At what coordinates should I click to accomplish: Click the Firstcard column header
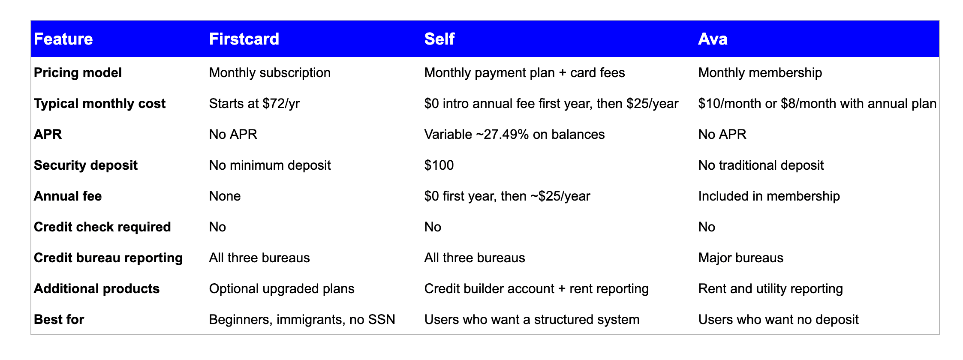click(x=244, y=39)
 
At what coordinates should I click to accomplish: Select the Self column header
click(x=439, y=39)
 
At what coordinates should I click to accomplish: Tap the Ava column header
click(x=713, y=39)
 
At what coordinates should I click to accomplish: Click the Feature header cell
click(x=63, y=39)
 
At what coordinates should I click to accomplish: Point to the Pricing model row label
click(x=78, y=73)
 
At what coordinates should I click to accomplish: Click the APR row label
click(x=48, y=135)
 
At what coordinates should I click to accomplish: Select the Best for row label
click(x=59, y=320)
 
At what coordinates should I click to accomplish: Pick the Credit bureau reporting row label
click(x=108, y=258)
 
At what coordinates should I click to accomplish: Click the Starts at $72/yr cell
click(x=254, y=104)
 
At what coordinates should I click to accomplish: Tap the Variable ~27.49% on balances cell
click(x=515, y=135)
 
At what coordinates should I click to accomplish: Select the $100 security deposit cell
click(x=439, y=165)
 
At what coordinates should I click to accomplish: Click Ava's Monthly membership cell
click(x=760, y=73)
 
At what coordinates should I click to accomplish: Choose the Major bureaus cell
click(x=741, y=258)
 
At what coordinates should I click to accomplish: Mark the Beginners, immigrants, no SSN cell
click(x=302, y=320)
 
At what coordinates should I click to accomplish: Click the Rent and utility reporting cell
click(x=770, y=289)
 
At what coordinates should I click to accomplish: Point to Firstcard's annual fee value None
click(x=225, y=196)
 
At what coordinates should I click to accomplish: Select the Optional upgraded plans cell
click(x=282, y=289)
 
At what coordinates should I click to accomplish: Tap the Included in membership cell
click(x=769, y=196)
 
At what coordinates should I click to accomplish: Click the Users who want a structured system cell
click(x=532, y=320)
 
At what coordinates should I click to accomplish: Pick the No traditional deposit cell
click(x=761, y=165)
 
